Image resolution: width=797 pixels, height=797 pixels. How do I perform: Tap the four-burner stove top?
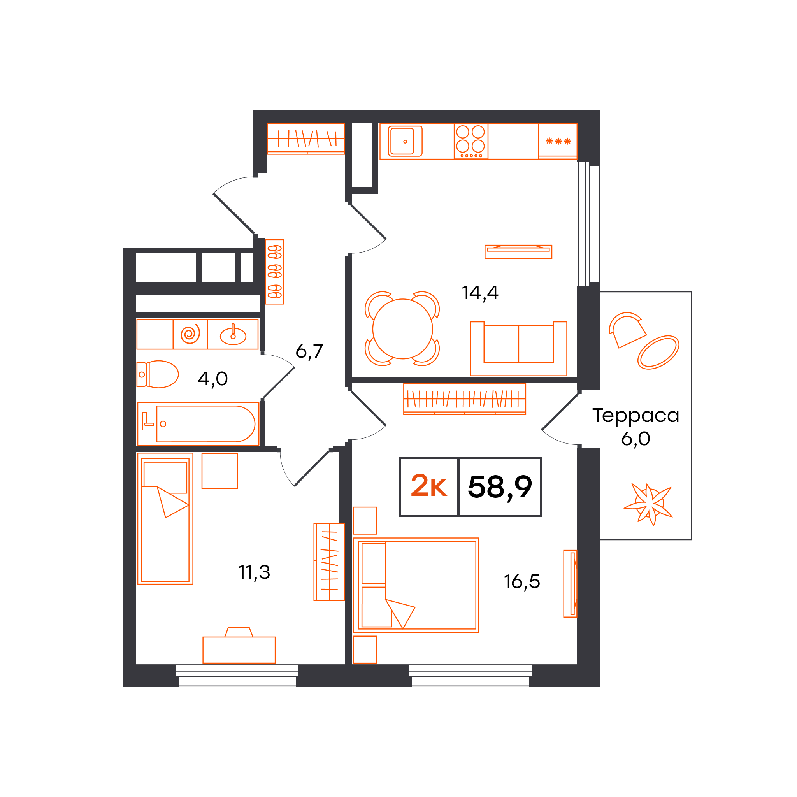point(471,141)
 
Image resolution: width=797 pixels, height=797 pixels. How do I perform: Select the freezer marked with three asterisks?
point(557,141)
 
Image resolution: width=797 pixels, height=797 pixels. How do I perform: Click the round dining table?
point(402,329)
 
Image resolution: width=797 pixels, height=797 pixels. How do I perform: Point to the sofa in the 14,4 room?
point(518,349)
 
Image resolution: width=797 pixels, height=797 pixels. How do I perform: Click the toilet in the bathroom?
point(158,374)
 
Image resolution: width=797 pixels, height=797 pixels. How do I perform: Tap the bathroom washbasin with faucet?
point(233,335)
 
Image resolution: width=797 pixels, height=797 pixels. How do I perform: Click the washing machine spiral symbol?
point(190,334)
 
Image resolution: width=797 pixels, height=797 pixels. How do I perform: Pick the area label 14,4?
point(480,293)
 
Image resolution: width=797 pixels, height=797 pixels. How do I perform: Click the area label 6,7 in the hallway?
point(309,351)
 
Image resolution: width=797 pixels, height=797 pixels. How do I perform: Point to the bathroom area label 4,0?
point(212,379)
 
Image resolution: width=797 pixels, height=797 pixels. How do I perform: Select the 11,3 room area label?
point(254,572)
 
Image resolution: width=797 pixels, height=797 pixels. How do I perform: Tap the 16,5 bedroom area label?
point(522,582)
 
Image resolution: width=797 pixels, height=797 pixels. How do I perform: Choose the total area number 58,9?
point(500,487)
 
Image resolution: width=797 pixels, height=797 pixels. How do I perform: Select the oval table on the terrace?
point(658,352)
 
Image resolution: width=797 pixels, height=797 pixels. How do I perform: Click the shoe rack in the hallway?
point(274,272)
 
